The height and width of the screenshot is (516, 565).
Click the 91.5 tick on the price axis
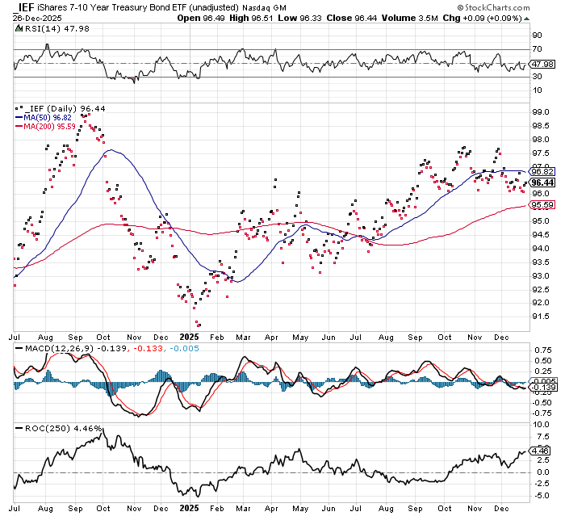click(x=538, y=317)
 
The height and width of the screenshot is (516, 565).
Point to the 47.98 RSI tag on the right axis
click(x=539, y=64)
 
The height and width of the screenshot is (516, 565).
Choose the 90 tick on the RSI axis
click(x=535, y=36)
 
